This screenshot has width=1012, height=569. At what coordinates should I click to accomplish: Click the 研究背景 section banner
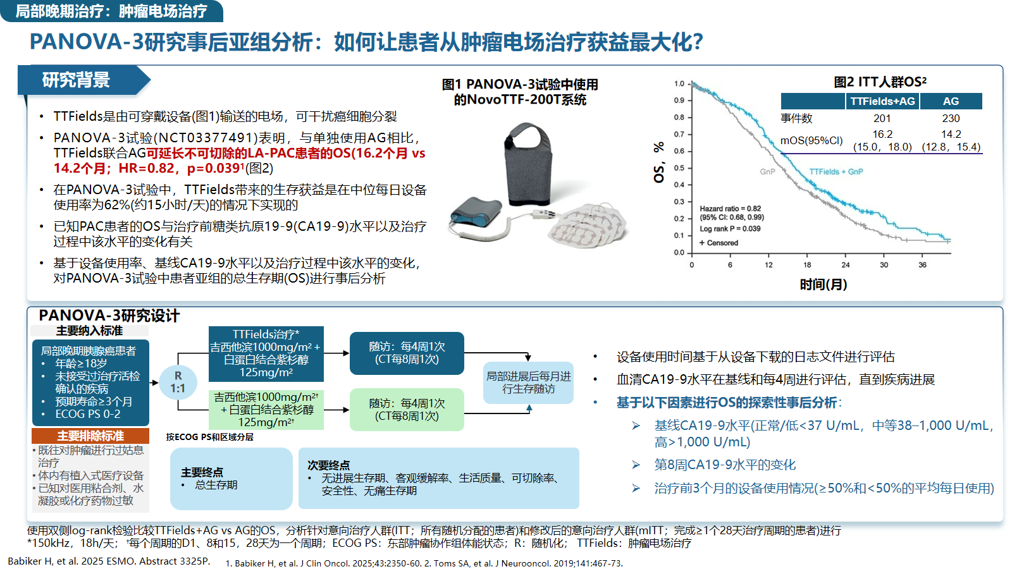coord(83,80)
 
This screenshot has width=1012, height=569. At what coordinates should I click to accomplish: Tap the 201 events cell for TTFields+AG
coord(882,118)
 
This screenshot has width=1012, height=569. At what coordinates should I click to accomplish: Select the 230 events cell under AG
coord(951,118)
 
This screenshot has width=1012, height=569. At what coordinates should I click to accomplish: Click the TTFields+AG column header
coord(882,101)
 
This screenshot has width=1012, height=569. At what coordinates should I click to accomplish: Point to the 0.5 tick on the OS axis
coord(679,168)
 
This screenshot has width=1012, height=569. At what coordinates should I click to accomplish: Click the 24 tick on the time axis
coord(845,265)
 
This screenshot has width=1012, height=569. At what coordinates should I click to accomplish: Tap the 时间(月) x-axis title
coord(823,284)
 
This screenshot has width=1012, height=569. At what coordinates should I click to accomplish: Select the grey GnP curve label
coord(767,171)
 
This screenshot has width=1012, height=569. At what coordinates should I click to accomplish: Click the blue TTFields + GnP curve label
coord(836,171)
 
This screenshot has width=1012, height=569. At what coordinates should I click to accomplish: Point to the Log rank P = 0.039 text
coord(730,228)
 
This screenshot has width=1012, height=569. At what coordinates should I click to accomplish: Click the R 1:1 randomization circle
coord(178,382)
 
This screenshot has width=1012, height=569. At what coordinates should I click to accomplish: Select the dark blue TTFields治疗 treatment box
coord(266,353)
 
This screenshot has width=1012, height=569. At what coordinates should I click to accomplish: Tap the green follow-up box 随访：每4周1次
coord(407,409)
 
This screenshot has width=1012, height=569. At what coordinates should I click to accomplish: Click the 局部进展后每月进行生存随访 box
coord(528,382)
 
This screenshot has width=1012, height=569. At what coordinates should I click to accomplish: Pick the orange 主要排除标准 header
coord(90,436)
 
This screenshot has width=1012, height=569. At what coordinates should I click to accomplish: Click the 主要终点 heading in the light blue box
coord(202,472)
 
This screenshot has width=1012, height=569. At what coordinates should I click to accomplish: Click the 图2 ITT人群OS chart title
coord(880,82)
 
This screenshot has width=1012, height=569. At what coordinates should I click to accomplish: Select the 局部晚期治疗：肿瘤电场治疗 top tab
coord(111,11)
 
